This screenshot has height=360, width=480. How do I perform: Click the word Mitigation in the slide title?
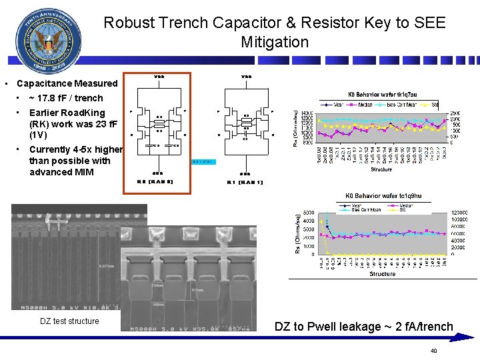[x=275, y=43]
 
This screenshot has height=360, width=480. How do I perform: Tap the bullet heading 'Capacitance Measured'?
[x=67, y=83]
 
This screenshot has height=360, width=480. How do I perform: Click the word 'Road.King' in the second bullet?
[x=79, y=113]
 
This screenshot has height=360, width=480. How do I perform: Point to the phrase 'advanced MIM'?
[x=59, y=172]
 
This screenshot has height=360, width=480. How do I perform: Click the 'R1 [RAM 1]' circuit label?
[x=245, y=182]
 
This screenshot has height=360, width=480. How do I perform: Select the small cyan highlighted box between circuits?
[x=202, y=161]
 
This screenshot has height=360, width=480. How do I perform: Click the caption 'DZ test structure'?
[x=69, y=321]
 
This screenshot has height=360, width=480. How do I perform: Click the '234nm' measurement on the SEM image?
[x=157, y=285]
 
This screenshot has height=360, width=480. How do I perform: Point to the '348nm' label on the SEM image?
[x=157, y=305]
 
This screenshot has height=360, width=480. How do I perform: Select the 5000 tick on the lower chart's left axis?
[x=309, y=213]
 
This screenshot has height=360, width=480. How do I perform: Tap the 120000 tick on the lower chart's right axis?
[x=461, y=213]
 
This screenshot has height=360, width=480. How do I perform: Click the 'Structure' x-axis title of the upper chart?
[x=381, y=169]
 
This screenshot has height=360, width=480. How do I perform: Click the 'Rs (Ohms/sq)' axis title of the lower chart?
[x=298, y=231]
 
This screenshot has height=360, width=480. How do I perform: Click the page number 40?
[x=433, y=351]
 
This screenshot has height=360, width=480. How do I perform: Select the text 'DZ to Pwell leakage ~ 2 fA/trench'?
[x=364, y=327]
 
